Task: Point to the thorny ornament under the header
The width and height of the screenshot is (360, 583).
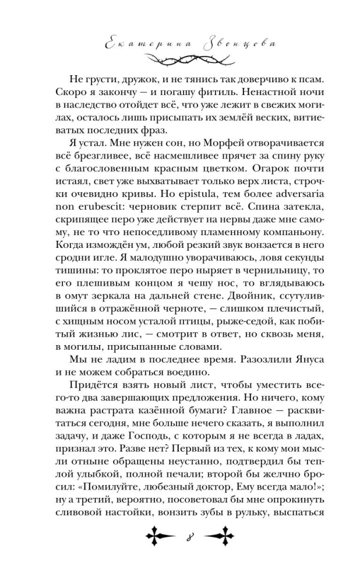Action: click(180, 58)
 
